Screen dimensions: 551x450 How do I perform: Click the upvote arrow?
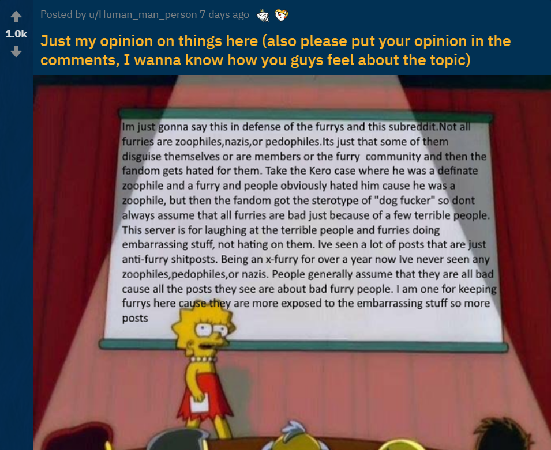[x=16, y=16]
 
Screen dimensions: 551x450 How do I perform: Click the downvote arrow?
[x=16, y=52]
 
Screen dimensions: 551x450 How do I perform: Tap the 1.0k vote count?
[x=16, y=33]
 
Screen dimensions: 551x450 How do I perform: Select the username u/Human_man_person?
[x=143, y=14]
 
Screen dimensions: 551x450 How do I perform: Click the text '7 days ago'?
[x=224, y=14]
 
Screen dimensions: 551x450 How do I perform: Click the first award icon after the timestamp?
[x=263, y=15]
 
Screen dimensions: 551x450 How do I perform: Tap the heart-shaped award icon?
[x=281, y=15]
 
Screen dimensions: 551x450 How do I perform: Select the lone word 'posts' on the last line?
[x=135, y=319]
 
